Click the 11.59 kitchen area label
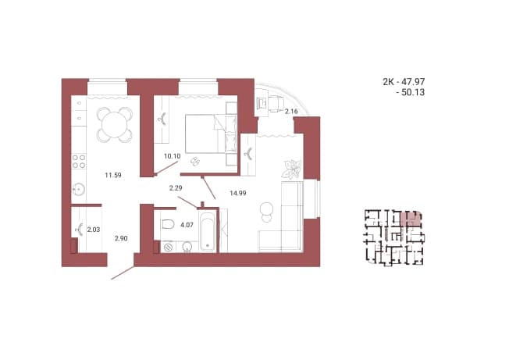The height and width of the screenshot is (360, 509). pos(113,175)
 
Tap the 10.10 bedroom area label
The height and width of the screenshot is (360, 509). pos(172,156)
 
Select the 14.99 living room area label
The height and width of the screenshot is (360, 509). pos(238,193)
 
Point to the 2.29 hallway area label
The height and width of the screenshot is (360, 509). pos(176,187)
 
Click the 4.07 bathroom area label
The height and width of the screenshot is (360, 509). pos(187,225)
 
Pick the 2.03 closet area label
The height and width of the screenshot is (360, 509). pos(94,230)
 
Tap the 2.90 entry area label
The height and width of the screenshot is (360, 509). pos(121,238)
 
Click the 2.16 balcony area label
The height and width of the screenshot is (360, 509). pos(291,112)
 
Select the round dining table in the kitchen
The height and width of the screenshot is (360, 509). pos(115,125)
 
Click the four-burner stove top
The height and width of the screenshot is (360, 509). pos(79,162)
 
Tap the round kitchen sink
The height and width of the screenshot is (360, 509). pos(78,189)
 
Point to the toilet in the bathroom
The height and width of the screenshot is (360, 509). pos(167,224)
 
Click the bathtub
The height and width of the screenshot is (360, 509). pos(208,231)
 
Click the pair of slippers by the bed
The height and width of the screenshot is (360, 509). pos(195,161)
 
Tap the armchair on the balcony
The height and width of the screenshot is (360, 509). pos(276,104)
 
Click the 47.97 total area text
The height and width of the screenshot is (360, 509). pos(413,82)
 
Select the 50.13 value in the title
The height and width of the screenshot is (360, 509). pos(413,92)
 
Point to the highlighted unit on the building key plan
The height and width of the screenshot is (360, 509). pos(411,219)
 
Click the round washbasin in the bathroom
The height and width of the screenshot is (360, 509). pos(187,247)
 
